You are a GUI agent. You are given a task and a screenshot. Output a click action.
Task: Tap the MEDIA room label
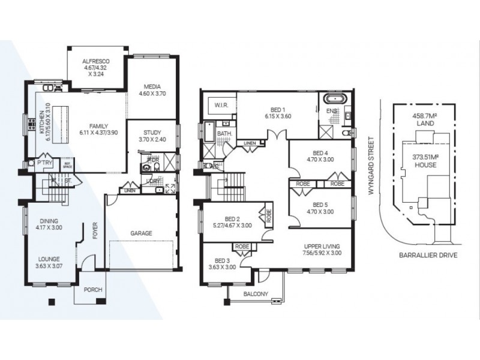[153, 87]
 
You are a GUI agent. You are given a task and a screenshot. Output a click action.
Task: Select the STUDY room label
[153, 133]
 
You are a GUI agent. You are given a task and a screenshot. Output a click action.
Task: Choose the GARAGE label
[142, 233]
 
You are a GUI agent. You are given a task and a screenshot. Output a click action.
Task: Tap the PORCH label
[92, 290]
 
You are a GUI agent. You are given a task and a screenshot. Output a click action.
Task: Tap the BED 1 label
[276, 109]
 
